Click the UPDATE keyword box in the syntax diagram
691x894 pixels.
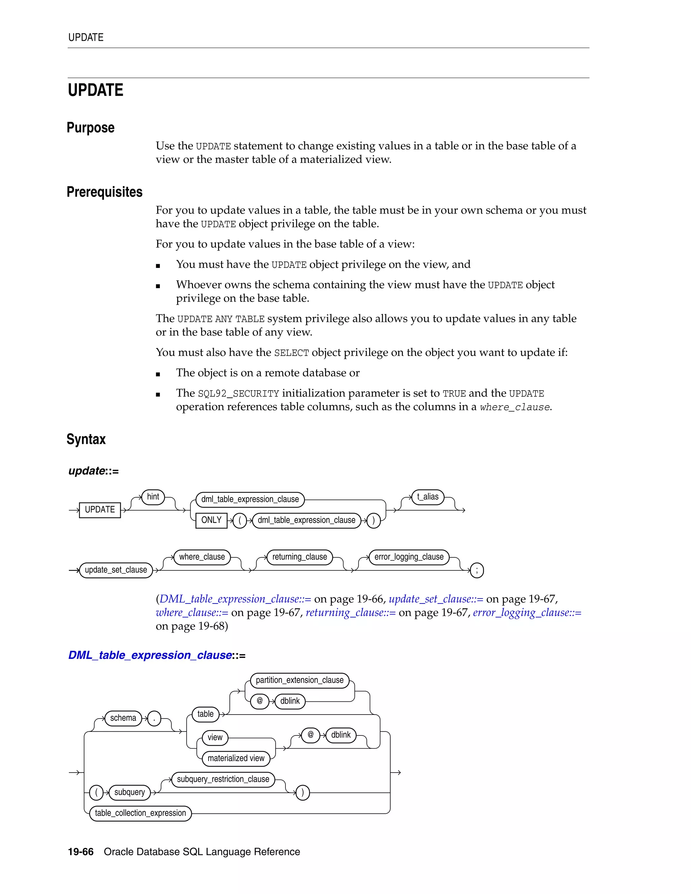coord(100,510)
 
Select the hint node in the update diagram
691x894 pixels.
coord(153,497)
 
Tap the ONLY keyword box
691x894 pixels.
coord(211,520)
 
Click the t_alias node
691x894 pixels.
coord(428,497)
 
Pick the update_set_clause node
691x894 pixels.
coord(116,570)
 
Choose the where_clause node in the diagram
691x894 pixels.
coord(202,557)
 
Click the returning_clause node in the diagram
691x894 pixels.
coord(300,557)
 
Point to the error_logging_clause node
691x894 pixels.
coord(409,557)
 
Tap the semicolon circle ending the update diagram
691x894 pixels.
coord(477,570)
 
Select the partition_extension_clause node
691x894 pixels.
coord(300,680)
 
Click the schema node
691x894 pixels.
coord(123,718)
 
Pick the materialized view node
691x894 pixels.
coord(236,758)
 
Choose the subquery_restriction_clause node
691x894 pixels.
coord(223,779)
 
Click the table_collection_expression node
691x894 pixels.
coord(140,813)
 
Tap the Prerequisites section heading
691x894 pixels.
coord(105,192)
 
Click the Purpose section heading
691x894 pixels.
coord(90,128)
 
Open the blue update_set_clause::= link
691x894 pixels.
coord(436,599)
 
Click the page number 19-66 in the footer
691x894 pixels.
coord(81,852)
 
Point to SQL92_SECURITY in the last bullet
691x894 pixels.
coord(238,394)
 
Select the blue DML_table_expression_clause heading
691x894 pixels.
coord(150,655)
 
